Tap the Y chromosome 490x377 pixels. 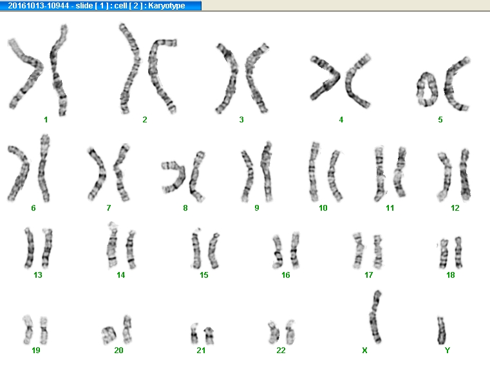(x=441, y=331)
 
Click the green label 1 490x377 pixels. (x=46, y=119)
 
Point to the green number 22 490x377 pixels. (x=281, y=351)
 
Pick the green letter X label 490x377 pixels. (x=364, y=351)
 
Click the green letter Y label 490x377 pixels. (x=448, y=351)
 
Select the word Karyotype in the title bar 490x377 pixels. (x=167, y=6)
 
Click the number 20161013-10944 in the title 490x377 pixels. (x=38, y=6)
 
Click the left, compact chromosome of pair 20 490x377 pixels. (x=109, y=334)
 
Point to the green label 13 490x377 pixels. (x=38, y=275)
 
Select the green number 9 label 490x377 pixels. (x=256, y=208)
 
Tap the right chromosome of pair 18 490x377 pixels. (x=458, y=253)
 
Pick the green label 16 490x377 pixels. (x=286, y=275)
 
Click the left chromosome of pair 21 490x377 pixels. (x=194, y=334)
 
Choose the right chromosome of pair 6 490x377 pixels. (x=43, y=169)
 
